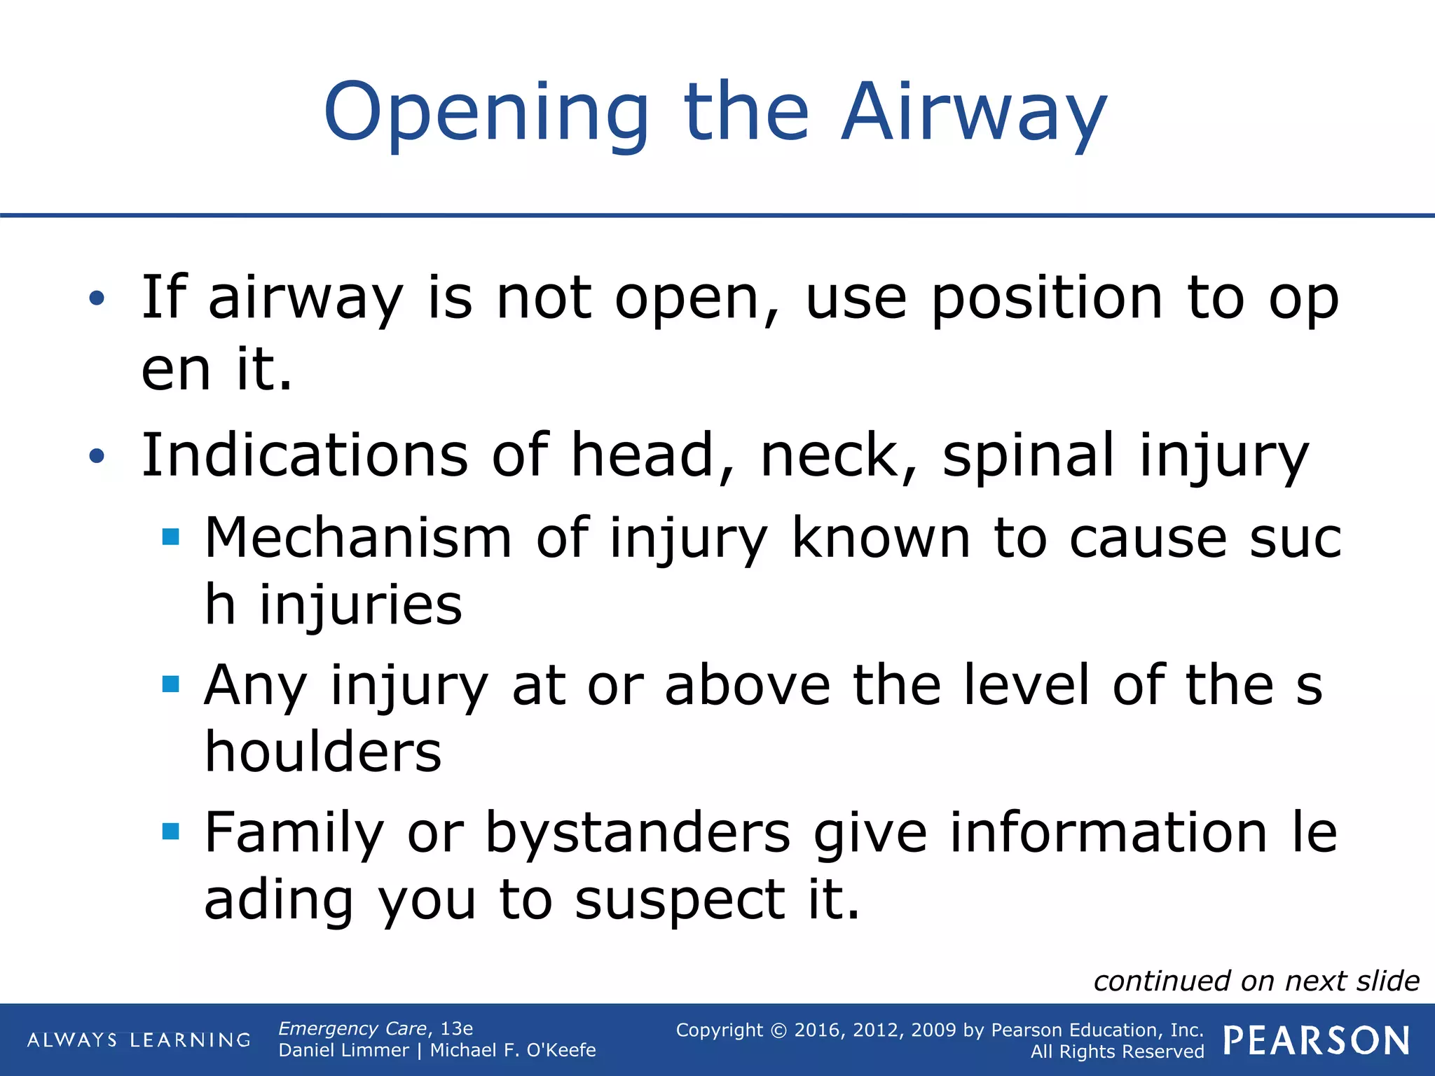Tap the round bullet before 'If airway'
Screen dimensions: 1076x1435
97,298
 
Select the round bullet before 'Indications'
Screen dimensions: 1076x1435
97,457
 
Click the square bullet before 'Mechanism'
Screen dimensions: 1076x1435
170,537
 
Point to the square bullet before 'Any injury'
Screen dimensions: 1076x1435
170,684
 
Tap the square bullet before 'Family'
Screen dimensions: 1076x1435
170,832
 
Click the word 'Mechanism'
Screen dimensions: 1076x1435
358,538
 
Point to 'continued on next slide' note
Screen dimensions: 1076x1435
1256,981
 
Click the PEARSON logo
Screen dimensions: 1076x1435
1316,1040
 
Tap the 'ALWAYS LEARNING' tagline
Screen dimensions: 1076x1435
139,1040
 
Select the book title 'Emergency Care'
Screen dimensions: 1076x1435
352,1028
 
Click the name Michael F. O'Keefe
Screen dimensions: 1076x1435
512,1050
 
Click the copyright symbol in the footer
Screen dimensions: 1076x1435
778,1030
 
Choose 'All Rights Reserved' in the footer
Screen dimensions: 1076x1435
1117,1051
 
